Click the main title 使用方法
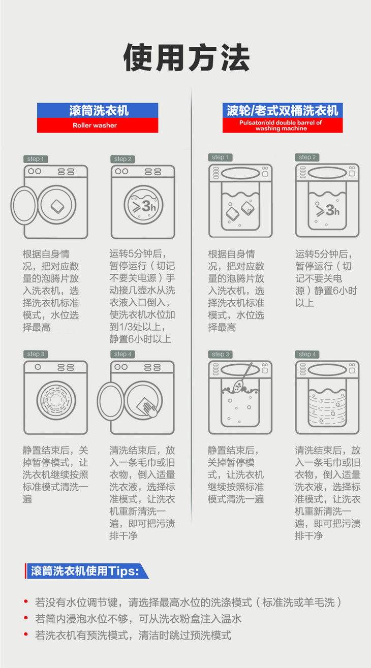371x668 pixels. (187, 57)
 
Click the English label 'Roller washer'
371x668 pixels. (95, 125)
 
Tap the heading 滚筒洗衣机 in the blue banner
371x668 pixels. (99, 110)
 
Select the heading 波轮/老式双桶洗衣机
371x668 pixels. (283, 110)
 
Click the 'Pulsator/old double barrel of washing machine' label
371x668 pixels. (281, 125)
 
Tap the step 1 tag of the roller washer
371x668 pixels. (36, 159)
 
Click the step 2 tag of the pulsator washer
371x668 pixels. (307, 157)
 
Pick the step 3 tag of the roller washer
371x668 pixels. (36, 354)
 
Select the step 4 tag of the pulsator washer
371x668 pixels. (307, 354)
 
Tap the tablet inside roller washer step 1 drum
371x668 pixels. (57, 206)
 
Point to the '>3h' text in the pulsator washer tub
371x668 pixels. (327, 210)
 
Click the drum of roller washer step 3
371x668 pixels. (56, 400)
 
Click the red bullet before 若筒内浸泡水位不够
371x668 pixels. (26, 618)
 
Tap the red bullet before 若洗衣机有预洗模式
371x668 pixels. (26, 634)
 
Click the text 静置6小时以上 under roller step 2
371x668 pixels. (140, 339)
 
